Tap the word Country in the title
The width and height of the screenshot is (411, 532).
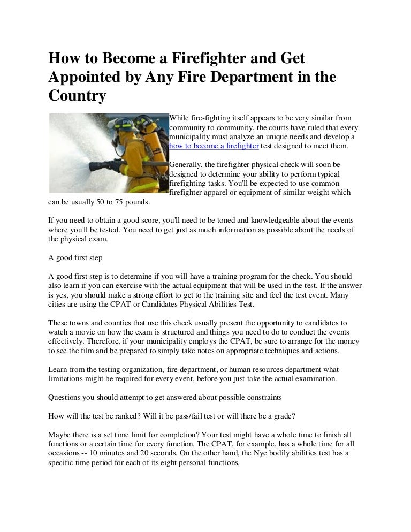pos(77,96)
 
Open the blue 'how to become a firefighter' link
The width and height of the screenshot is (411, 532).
pos(214,146)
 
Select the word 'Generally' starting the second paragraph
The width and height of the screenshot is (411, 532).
pos(186,164)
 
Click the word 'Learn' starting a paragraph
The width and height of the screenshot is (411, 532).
pos(58,369)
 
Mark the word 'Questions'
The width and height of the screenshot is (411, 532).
pos(66,397)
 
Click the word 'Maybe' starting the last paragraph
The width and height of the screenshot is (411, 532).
pos(60,435)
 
